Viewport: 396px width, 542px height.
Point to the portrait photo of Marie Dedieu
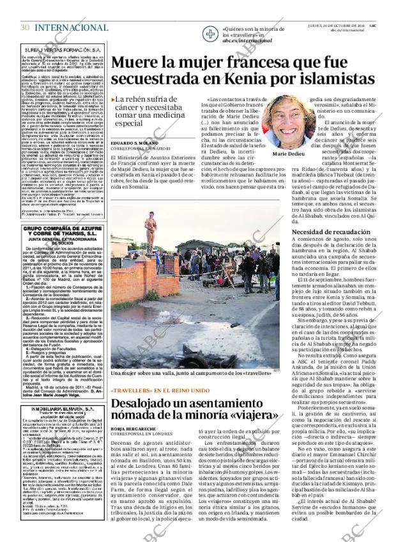(288, 122)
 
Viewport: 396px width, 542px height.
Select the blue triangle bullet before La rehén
(113, 99)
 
